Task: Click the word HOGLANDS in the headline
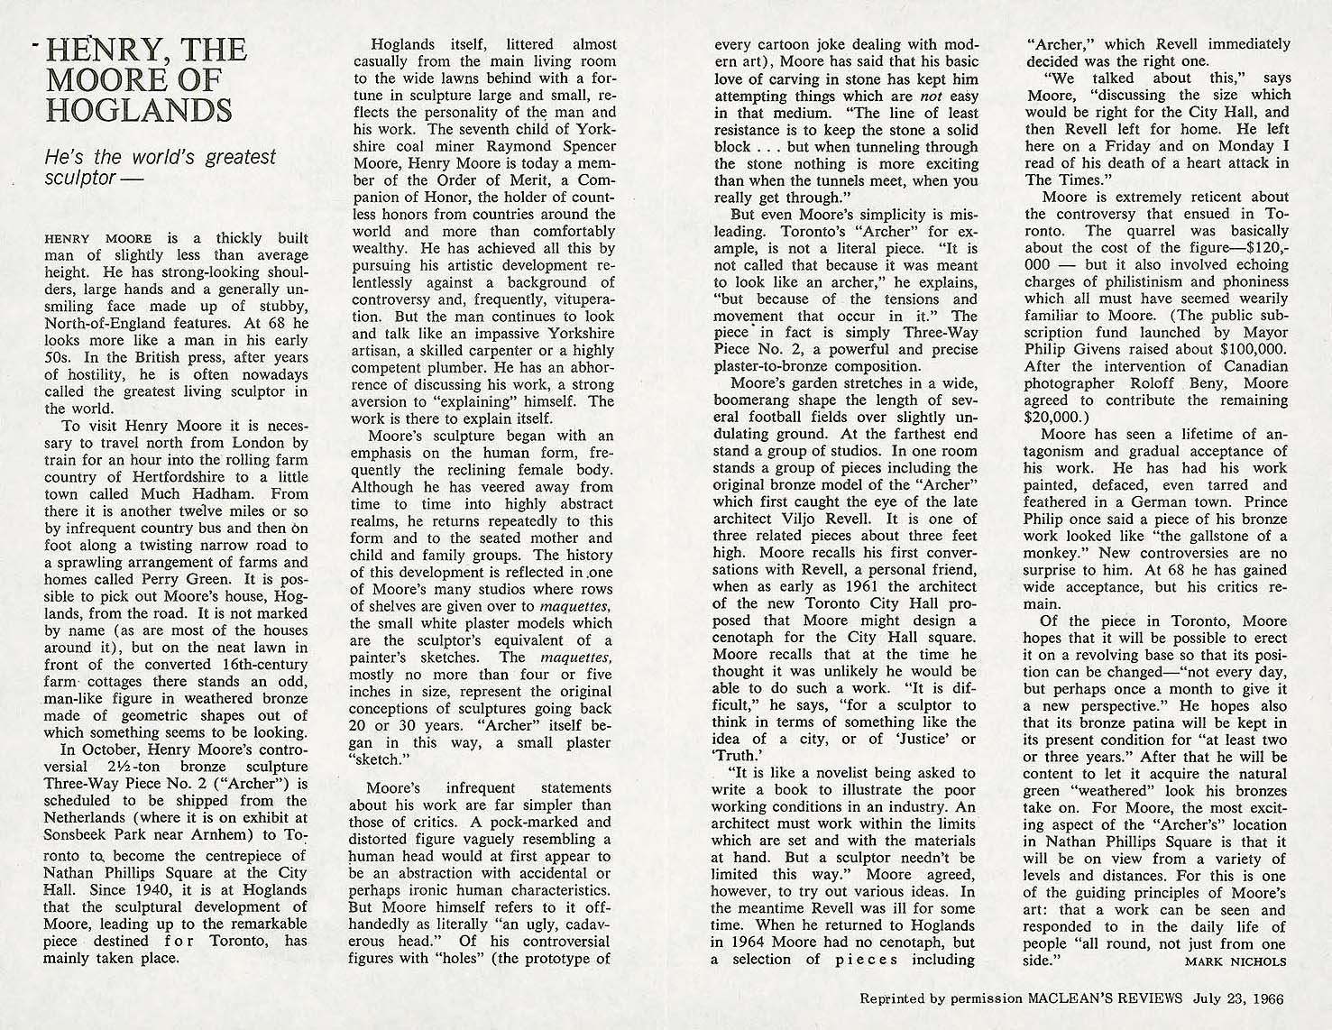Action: point(138,109)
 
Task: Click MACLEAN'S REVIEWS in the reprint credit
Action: point(1098,999)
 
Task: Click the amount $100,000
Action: point(1251,349)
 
